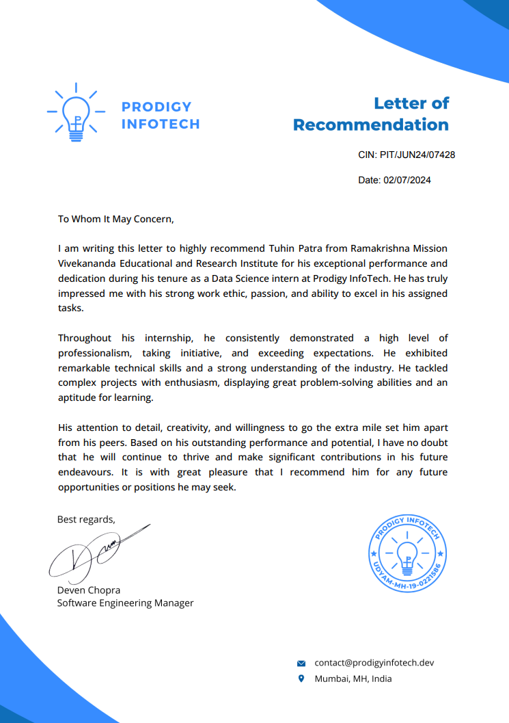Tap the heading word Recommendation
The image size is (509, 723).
pyautogui.click(x=370, y=124)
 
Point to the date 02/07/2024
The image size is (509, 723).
pyautogui.click(x=408, y=181)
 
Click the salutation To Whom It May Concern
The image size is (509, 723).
pyautogui.click(x=116, y=219)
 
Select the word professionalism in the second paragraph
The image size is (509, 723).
pyautogui.click(x=94, y=353)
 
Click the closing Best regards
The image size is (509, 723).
pyautogui.click(x=86, y=519)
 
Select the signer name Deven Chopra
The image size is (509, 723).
pyautogui.click(x=88, y=590)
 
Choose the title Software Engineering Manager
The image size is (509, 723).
pyautogui.click(x=125, y=603)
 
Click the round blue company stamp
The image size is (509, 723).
pyautogui.click(x=407, y=554)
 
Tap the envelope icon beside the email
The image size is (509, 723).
pyautogui.click(x=301, y=663)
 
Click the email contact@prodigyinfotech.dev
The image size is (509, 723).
pyautogui.click(x=374, y=663)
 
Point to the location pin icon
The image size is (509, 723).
pyautogui.click(x=301, y=679)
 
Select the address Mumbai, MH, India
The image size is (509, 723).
pyautogui.click(x=353, y=679)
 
